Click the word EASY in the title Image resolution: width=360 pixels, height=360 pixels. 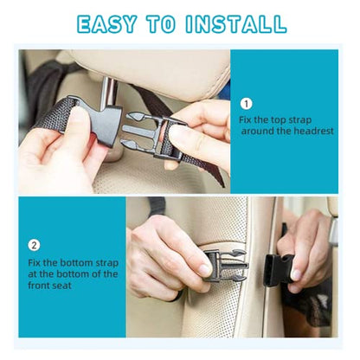pyautogui.click(x=106, y=24)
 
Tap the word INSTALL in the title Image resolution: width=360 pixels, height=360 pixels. pyautogui.click(x=236, y=24)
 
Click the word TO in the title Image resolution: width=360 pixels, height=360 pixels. pyautogui.click(x=161, y=24)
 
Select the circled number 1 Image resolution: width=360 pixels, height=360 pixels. pyautogui.click(x=246, y=104)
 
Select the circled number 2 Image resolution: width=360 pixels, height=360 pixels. pyautogui.click(x=34, y=246)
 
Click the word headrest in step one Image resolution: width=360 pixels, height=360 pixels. pyautogui.click(x=313, y=132)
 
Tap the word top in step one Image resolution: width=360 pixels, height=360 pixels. pyautogui.click(x=277, y=120)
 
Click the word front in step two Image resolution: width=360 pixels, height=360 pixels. pyautogui.click(x=38, y=286)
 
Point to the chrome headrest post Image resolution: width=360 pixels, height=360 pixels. pyautogui.click(x=109, y=93)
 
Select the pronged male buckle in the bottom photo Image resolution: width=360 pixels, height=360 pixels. pyautogui.click(x=226, y=266)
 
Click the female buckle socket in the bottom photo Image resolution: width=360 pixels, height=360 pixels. pyautogui.click(x=278, y=270)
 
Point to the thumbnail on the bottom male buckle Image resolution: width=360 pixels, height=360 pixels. pyautogui.click(x=205, y=270)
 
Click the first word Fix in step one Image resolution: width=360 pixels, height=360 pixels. pyautogui.click(x=245, y=120)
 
